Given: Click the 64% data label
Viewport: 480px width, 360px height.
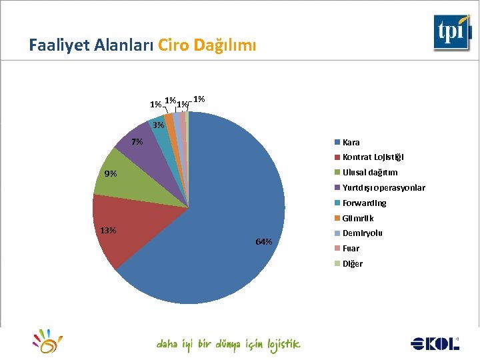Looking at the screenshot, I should pos(264,241).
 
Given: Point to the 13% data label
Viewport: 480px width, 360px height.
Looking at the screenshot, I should pos(107,231).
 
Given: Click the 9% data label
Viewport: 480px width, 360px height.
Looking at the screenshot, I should pos(111,174).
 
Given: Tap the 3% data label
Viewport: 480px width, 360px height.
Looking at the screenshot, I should pos(158,125).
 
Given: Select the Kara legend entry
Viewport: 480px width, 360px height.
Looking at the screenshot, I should pos(351,142).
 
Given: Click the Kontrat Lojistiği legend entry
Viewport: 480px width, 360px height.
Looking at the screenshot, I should pos(373,157).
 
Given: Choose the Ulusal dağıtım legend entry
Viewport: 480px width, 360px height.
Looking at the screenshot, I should pos(369,173).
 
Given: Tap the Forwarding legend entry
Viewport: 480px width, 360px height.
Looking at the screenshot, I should pos(364,203).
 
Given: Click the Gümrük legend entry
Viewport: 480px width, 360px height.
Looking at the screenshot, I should pos(358,218).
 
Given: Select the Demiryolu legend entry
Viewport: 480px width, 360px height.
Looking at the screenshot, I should pos(362,233).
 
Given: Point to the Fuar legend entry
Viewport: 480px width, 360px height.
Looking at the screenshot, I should pos(351,248).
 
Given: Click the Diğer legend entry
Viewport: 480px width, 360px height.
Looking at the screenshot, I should pos(352,263).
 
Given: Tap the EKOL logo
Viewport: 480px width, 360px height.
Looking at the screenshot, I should pos(435,343).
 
